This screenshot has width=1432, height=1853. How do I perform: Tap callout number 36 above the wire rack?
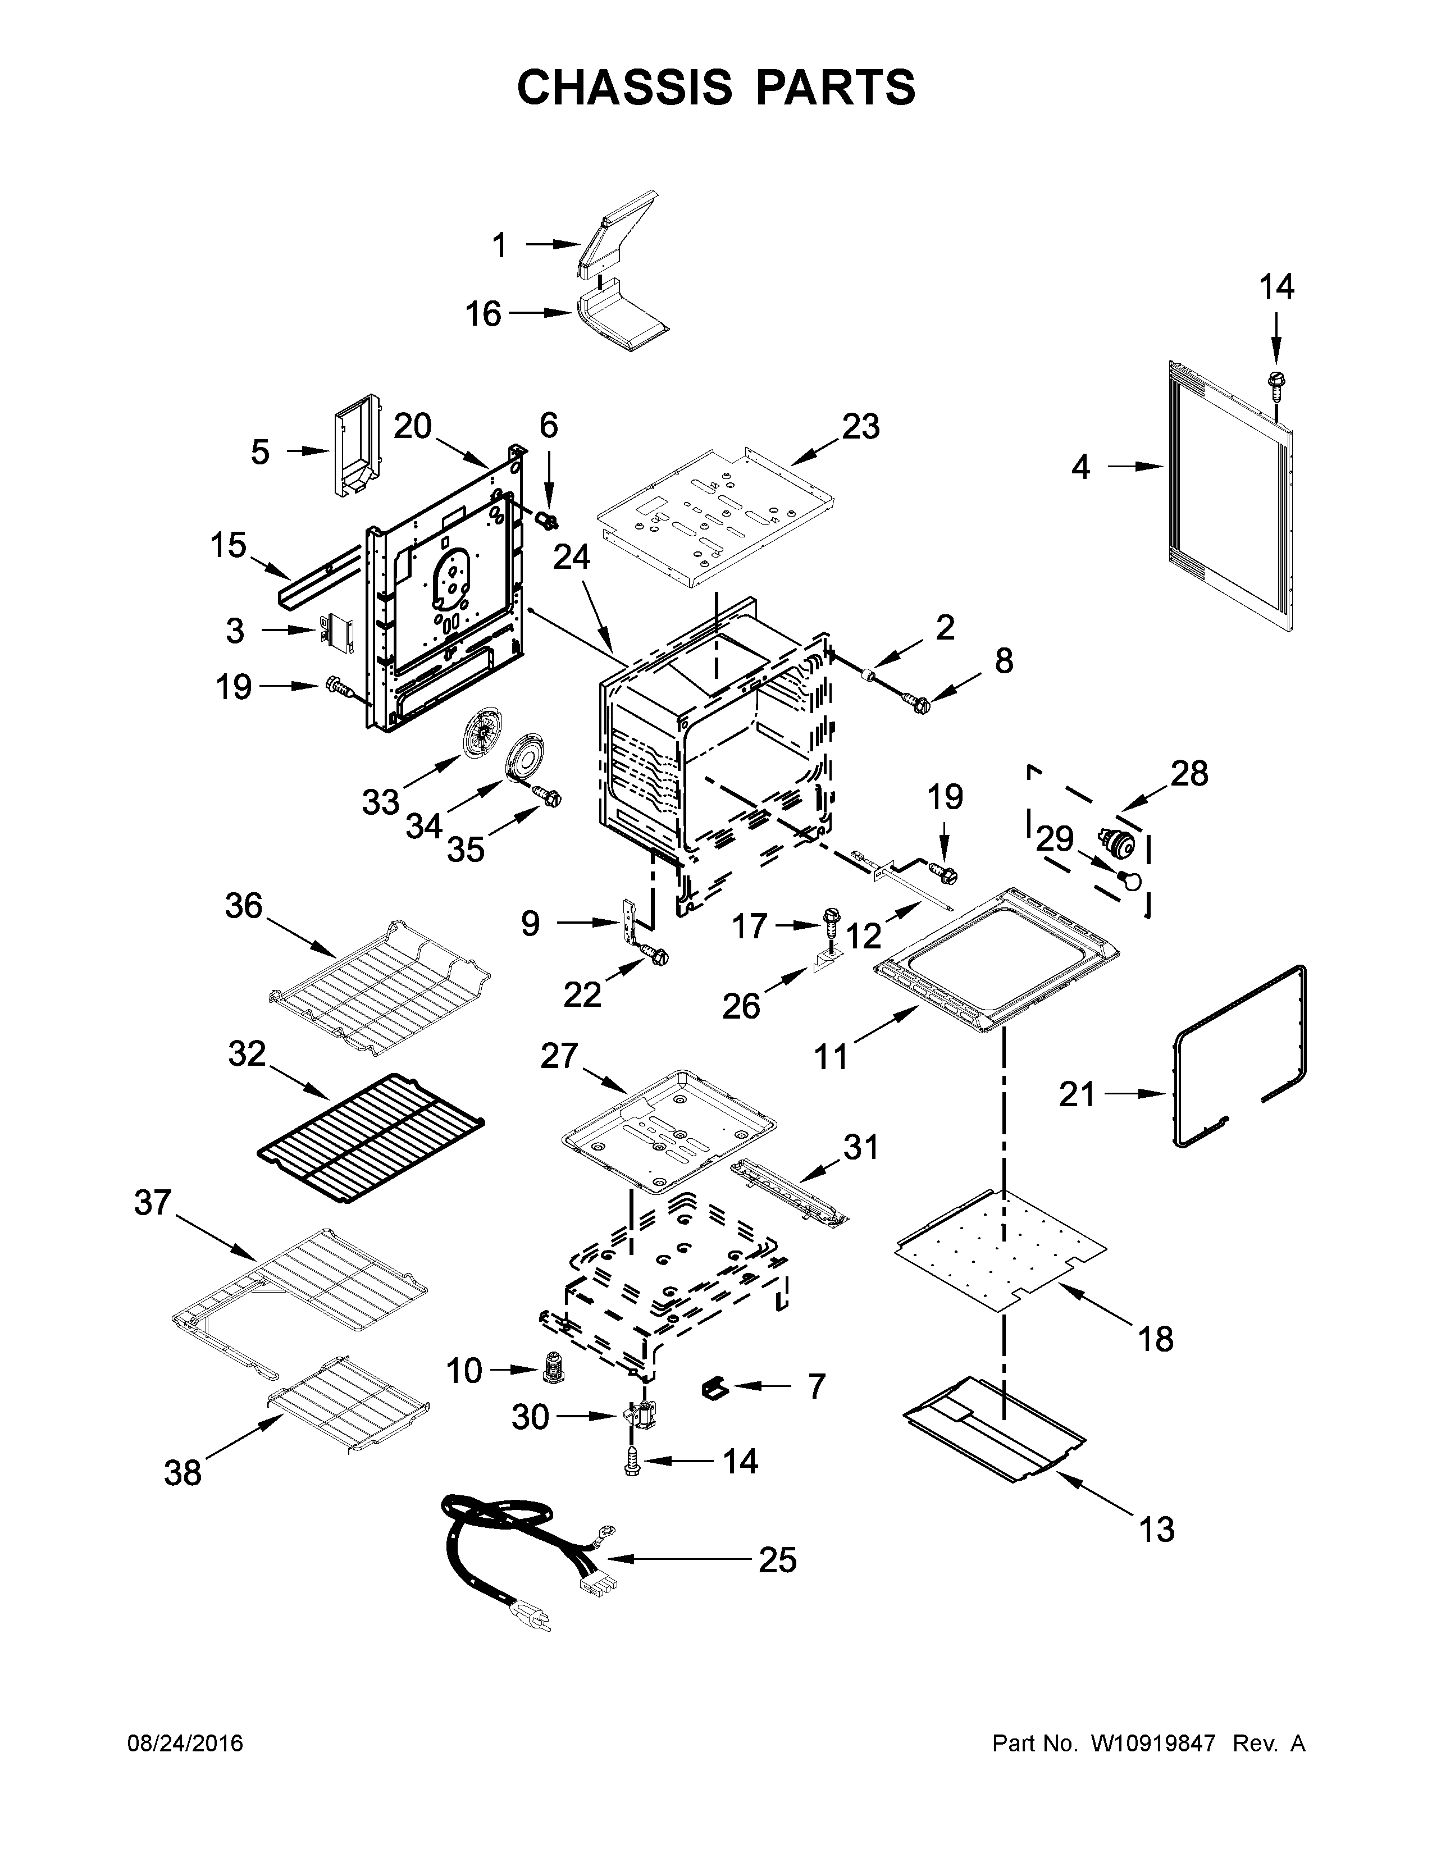(244, 906)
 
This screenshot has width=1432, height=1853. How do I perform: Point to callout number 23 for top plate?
(860, 426)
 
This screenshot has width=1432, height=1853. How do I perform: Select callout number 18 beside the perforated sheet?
(1156, 1338)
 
